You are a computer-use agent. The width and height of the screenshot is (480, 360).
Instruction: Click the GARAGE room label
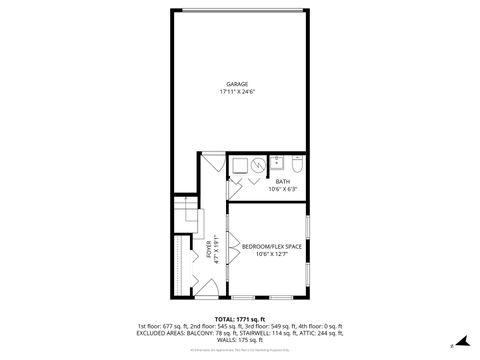click(x=236, y=84)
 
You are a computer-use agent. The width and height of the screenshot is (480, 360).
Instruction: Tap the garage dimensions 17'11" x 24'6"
click(x=236, y=92)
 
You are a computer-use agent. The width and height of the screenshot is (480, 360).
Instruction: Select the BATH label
click(x=268, y=181)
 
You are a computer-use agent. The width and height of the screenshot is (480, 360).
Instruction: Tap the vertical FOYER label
click(x=209, y=250)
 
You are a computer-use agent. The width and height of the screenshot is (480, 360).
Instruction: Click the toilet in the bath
click(x=299, y=165)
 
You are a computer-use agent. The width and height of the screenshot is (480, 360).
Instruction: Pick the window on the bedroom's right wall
click(x=308, y=240)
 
